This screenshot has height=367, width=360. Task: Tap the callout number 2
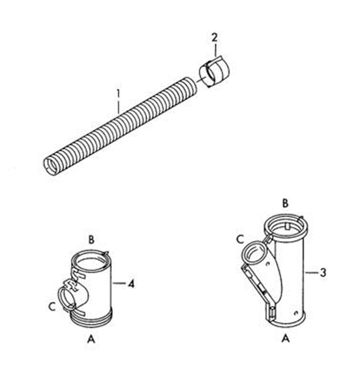point(215,38)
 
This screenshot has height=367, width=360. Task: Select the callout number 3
point(323,273)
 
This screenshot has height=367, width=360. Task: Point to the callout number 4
point(131,284)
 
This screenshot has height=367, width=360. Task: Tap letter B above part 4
point(91,240)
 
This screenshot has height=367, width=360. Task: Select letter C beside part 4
point(52,307)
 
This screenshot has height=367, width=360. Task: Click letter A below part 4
point(91,338)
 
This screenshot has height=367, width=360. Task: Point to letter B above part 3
point(285,203)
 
